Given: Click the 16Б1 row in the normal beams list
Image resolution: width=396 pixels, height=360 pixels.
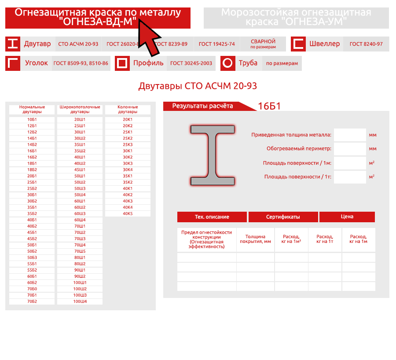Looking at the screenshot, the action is pos(32,151).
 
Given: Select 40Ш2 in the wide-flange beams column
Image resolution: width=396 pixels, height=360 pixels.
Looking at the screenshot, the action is pos(80,163).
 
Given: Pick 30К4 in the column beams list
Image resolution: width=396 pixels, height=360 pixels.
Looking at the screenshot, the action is pos(128,170).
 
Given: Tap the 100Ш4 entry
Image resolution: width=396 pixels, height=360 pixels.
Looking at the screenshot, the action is pos(80,301).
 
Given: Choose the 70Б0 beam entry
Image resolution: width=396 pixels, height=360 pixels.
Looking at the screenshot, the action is pos(32,289).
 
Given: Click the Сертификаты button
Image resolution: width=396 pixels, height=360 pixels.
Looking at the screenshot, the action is pos(283,217).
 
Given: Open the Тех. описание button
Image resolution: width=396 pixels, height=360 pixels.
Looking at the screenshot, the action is pos(212,217).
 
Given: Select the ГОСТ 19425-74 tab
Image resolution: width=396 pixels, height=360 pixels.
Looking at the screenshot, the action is pos(216,44).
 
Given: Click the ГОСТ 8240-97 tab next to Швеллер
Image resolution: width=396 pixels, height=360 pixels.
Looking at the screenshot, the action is pos(366,44).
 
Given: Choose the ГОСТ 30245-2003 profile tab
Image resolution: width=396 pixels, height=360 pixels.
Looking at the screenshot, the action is pos(191,63).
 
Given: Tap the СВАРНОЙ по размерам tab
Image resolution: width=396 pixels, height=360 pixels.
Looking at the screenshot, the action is pos(263,44).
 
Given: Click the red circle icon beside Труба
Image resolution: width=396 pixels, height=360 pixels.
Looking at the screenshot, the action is pos(228,63).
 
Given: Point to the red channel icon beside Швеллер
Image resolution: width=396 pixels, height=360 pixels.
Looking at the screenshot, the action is pos(298,44).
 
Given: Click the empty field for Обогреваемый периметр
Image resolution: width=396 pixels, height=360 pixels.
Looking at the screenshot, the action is pos(350,149).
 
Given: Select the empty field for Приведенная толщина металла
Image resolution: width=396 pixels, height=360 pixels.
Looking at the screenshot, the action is pos(350,135).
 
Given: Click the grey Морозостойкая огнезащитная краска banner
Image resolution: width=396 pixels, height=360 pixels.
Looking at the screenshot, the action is pos(296,18).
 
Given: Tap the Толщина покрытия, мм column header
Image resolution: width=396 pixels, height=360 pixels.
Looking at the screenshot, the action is pos(255,239).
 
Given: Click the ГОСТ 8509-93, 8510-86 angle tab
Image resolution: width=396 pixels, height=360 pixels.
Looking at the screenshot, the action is pos(81,63).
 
